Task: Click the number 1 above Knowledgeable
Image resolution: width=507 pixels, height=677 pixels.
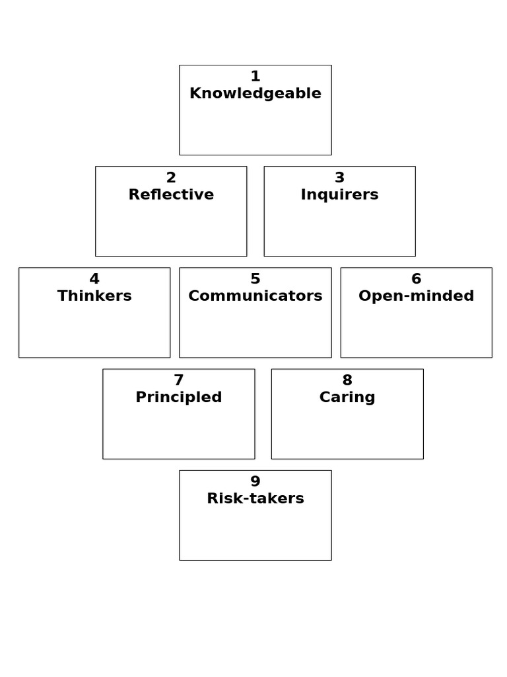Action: [255, 77]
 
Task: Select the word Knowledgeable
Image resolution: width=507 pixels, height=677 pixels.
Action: [255, 94]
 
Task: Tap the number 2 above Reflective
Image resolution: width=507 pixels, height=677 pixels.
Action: [171, 178]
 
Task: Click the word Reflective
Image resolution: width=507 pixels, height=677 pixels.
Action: [171, 195]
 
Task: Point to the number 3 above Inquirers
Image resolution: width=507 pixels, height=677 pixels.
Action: [339, 178]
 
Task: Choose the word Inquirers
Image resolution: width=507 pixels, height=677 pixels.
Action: [339, 195]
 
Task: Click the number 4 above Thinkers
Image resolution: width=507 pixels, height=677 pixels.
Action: [94, 279]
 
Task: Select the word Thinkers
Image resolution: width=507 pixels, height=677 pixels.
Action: [94, 296]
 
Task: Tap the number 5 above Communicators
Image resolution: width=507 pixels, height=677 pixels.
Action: [255, 279]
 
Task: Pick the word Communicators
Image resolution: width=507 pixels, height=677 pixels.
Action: [255, 296]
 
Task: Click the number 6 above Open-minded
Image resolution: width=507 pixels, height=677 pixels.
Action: [416, 279]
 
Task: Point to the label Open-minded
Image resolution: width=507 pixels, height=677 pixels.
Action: [416, 296]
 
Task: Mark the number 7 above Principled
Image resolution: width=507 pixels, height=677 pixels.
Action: [178, 380]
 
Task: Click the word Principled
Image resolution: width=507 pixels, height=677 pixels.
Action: [178, 397]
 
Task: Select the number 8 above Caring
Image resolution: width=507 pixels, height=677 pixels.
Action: [347, 380]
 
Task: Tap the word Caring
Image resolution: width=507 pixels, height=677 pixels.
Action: [347, 397]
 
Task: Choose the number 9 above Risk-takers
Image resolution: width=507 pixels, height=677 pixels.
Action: [255, 481]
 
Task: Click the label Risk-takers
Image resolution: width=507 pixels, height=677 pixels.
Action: [255, 498]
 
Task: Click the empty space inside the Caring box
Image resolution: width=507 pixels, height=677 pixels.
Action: [347, 432]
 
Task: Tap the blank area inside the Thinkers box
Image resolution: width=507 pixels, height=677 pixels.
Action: [94, 331]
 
